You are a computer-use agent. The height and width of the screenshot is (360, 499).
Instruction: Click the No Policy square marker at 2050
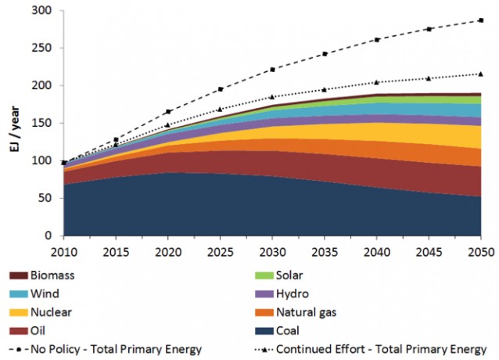480,20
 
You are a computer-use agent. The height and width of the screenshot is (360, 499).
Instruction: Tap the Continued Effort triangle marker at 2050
480,74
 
